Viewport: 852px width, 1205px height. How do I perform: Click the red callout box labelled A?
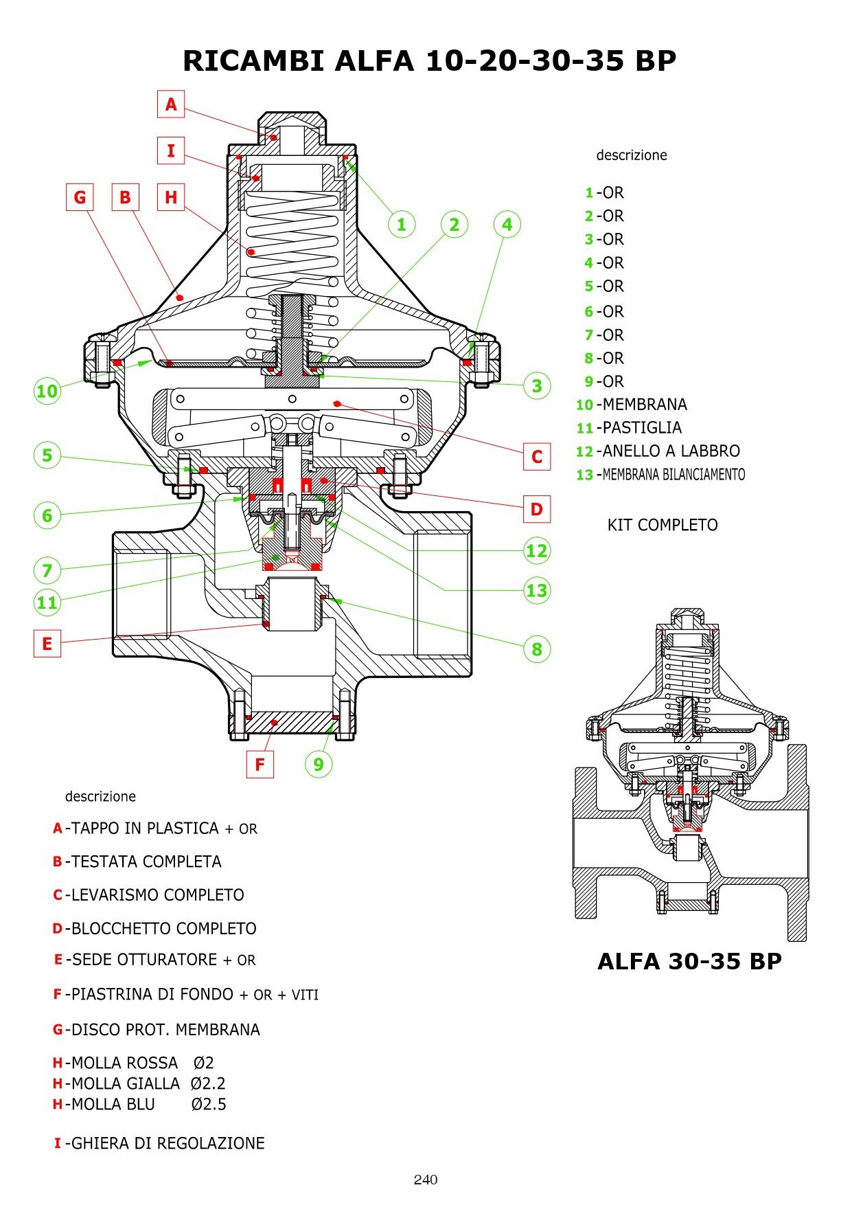tap(171, 104)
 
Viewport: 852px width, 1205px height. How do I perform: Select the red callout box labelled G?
tap(80, 197)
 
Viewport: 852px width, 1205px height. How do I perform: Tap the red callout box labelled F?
tap(260, 764)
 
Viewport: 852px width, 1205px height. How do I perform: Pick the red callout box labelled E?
tap(47, 644)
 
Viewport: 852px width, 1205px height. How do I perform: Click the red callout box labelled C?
tap(537, 456)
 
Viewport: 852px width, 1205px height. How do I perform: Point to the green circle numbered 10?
tap(47, 391)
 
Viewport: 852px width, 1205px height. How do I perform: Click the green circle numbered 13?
tap(536, 590)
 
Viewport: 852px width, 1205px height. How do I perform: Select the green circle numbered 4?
tap(507, 224)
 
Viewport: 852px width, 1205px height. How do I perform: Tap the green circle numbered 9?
tap(318, 764)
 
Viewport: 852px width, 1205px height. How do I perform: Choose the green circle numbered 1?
tap(402, 224)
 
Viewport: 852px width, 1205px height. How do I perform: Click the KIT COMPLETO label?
tap(663, 525)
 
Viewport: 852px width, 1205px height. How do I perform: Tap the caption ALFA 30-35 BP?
tap(689, 961)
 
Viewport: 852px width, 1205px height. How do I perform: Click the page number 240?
tap(426, 1180)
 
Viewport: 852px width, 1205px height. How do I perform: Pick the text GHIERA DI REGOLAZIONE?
tap(168, 1143)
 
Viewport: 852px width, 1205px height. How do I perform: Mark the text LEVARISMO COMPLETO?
tap(157, 895)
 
